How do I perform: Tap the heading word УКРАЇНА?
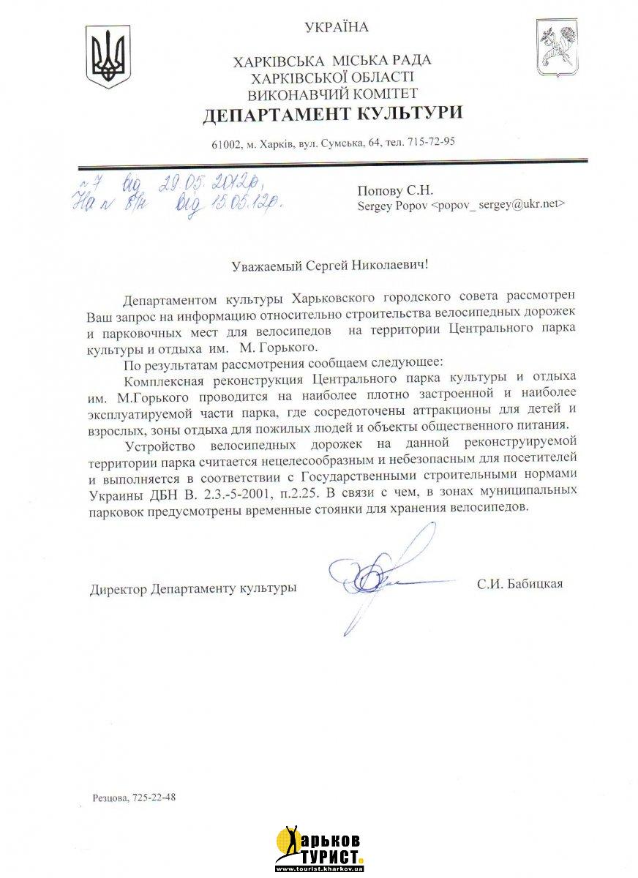[337, 28]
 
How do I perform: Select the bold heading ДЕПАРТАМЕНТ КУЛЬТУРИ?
[333, 113]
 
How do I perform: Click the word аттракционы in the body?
[447, 409]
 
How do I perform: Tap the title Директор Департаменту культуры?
[193, 588]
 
